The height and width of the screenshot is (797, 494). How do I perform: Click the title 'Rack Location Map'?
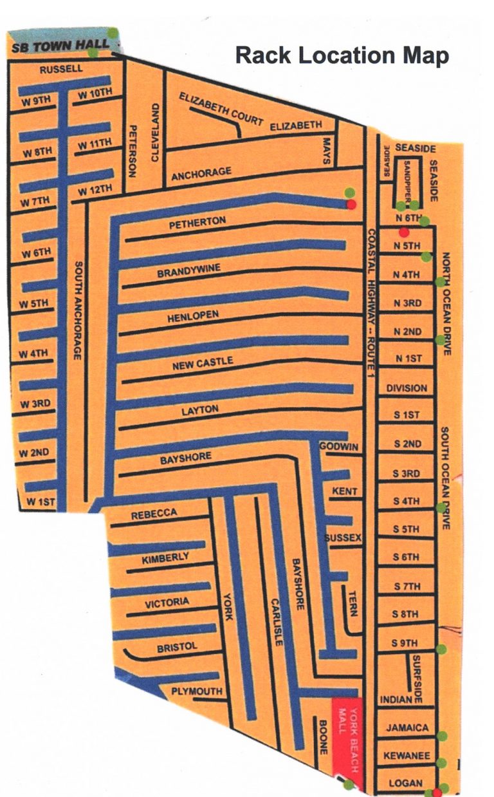click(342, 55)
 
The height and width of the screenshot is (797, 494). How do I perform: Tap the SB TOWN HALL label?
click(60, 48)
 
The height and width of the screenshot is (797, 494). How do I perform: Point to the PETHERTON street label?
click(197, 221)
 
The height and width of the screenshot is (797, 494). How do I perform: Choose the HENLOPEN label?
click(194, 316)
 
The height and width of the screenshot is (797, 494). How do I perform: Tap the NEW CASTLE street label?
click(203, 364)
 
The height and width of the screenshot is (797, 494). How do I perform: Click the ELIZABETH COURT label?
click(221, 109)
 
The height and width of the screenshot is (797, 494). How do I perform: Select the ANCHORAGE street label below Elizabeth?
click(201, 173)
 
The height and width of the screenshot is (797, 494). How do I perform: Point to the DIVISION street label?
click(407, 388)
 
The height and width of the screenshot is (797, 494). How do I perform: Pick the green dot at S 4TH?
click(441, 507)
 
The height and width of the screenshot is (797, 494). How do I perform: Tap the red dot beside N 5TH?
click(404, 232)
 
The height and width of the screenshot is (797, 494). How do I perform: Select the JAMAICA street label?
click(407, 728)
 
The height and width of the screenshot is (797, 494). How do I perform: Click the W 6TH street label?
click(36, 253)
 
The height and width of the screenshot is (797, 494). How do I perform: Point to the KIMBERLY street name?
click(166, 558)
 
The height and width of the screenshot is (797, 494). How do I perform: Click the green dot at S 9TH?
click(441, 649)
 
